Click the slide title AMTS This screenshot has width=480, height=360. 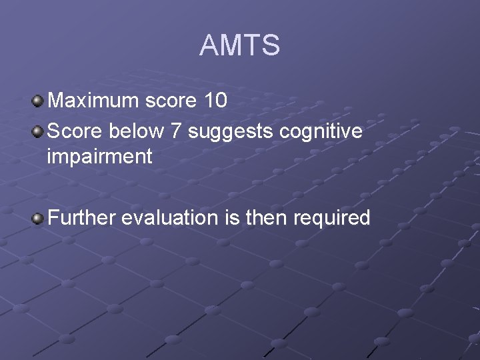coord(239,45)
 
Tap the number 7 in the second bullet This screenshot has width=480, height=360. coord(176,131)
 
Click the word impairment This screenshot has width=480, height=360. coord(99,157)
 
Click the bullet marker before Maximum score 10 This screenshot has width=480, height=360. coord(38,101)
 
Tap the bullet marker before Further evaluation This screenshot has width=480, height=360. coord(38,218)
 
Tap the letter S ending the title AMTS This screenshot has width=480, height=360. coord(271,45)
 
